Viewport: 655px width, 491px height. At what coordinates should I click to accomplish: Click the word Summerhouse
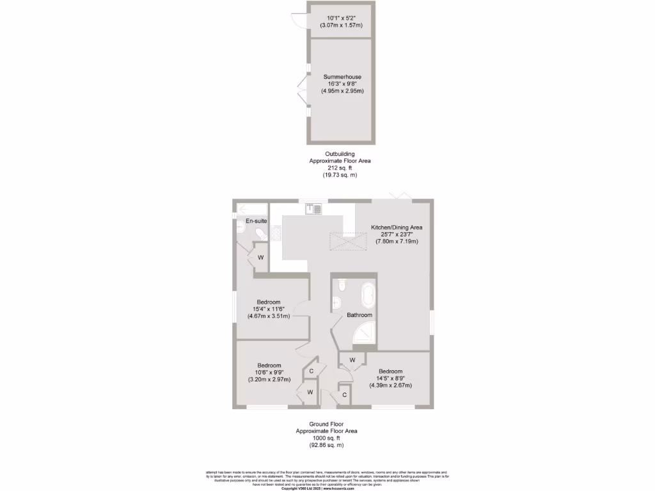click(342, 77)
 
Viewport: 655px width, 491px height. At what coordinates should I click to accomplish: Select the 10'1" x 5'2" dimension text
click(342, 18)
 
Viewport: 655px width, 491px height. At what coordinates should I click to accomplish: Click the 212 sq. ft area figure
click(339, 168)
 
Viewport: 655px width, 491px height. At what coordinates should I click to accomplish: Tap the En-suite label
click(257, 221)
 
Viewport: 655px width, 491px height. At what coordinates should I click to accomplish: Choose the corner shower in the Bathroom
click(366, 332)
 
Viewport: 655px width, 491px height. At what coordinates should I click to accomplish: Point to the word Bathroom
click(359, 315)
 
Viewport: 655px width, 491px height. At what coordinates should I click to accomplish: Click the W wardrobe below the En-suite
click(261, 258)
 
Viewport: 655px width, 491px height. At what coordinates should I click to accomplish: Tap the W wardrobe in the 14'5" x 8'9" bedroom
click(352, 361)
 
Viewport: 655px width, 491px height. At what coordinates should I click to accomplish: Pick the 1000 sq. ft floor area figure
click(326, 438)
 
